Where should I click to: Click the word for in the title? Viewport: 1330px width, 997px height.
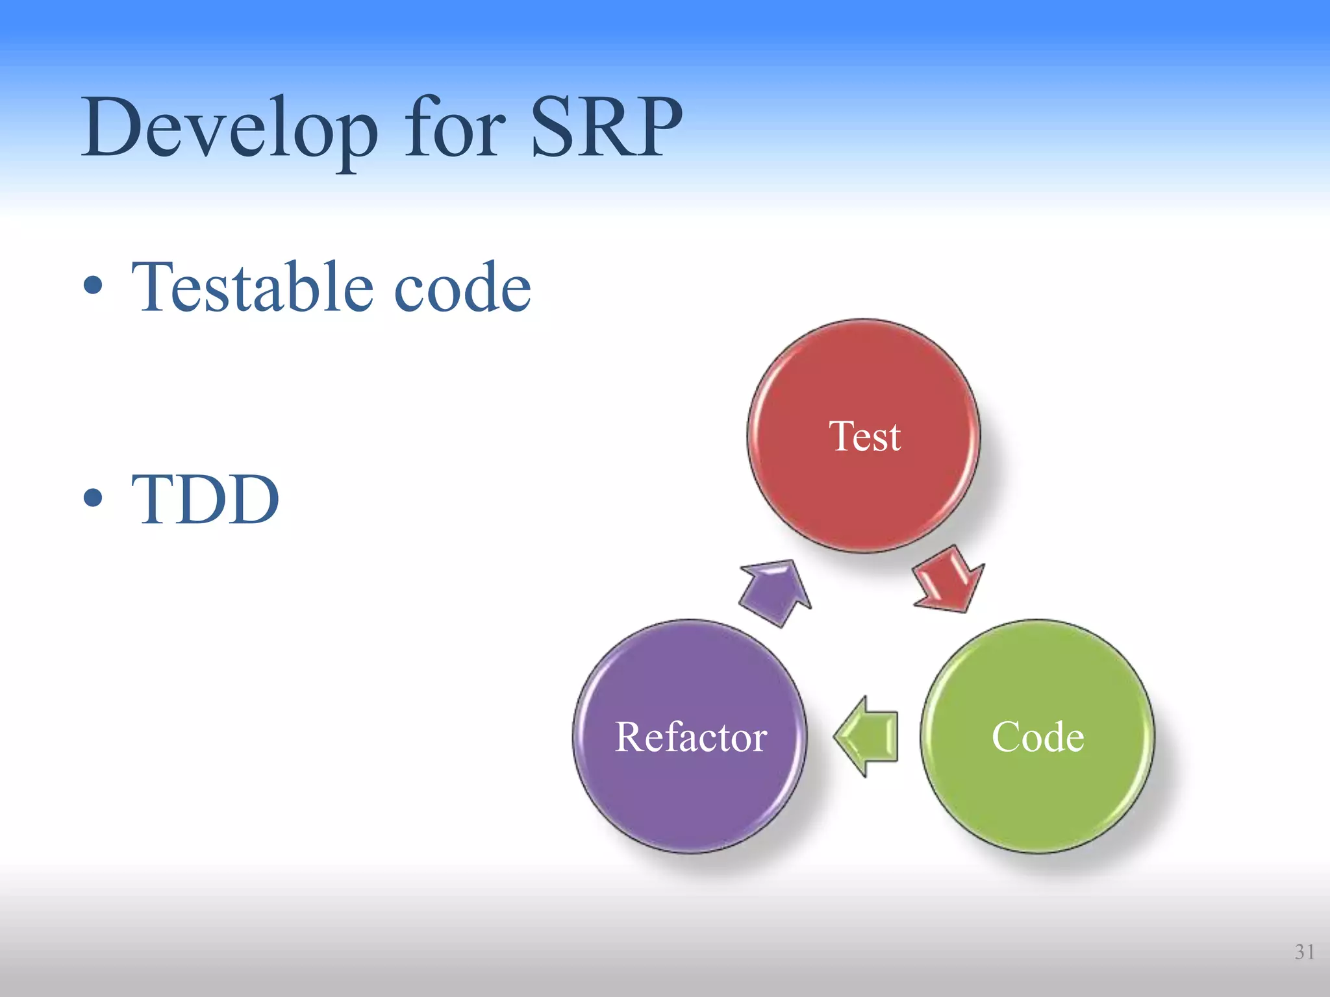tap(455, 127)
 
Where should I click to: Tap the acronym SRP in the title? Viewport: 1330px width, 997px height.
tap(607, 127)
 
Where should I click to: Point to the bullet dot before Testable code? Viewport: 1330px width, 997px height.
tap(93, 285)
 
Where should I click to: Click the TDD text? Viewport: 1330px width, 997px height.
tap(205, 499)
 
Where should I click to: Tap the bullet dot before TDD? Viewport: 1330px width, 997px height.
tap(93, 498)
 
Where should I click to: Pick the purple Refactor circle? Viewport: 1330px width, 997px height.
tap(690, 798)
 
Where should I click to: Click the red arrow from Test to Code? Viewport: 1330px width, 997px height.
tap(948, 579)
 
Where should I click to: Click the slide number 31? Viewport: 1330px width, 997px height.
tap(1304, 952)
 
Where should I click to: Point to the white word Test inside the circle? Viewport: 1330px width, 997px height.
tap(864, 436)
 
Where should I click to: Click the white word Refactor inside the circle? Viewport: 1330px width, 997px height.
tap(690, 737)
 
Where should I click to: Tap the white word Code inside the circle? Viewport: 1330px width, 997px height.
tap(1038, 737)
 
